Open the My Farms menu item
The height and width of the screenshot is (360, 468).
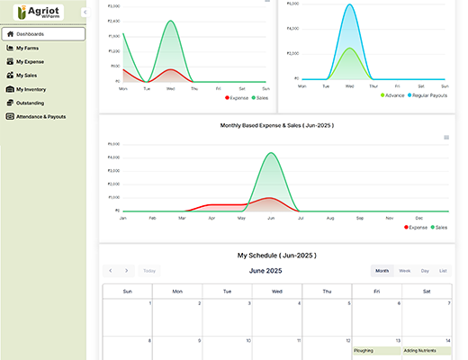pyautogui.click(x=27, y=48)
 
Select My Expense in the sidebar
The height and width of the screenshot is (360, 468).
pyautogui.click(x=30, y=61)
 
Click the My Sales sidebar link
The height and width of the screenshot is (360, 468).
pyautogui.click(x=27, y=76)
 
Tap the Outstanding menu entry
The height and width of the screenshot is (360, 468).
pyautogui.click(x=29, y=103)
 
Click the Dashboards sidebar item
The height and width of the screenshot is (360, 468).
pyautogui.click(x=30, y=34)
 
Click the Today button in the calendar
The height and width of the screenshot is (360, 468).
pyautogui.click(x=149, y=270)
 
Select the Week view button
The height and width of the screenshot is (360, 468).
pyautogui.click(x=405, y=270)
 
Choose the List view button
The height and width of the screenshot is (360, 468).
pyautogui.click(x=443, y=270)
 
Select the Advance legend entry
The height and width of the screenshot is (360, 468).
pyautogui.click(x=392, y=94)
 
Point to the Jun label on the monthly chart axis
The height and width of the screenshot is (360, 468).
pyautogui.click(x=271, y=218)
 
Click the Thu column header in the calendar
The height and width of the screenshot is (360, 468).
pyautogui.click(x=327, y=291)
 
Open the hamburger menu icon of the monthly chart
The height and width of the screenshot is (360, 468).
pyautogui.click(x=446, y=138)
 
